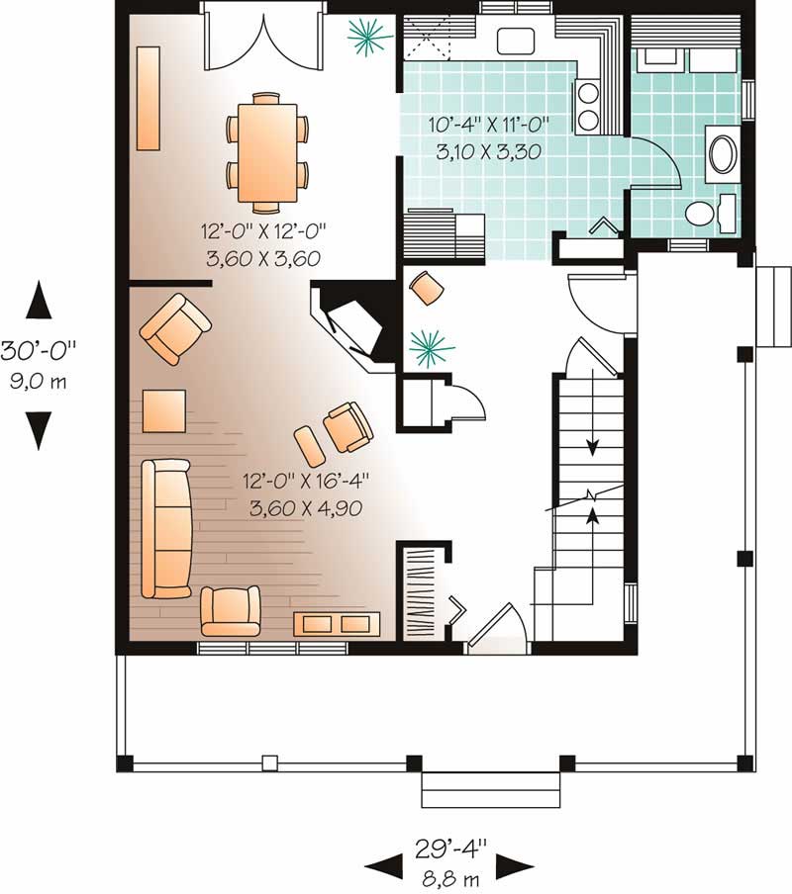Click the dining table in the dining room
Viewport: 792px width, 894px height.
(265, 152)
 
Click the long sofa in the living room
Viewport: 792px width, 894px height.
(165, 528)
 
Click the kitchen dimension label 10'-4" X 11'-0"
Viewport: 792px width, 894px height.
(488, 125)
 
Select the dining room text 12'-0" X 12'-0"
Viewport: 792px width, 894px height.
(263, 230)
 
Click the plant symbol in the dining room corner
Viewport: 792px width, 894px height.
(367, 40)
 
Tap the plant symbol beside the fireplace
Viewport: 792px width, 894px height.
(432, 346)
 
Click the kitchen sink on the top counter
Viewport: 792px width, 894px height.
(515, 41)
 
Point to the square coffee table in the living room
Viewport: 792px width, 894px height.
(163, 410)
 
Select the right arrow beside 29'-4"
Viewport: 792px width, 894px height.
(514, 867)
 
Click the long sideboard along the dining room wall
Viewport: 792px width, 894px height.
(148, 99)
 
